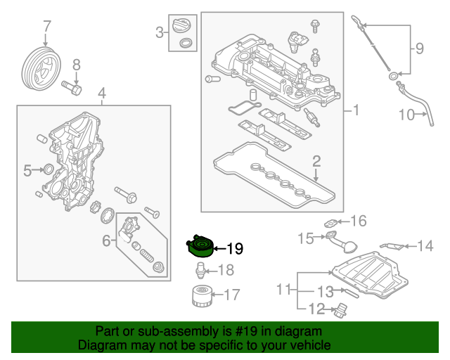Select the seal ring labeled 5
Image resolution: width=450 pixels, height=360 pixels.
tap(48, 169)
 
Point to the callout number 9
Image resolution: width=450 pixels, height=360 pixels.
tap(419, 49)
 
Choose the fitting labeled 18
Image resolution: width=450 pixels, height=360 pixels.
tap(201, 270)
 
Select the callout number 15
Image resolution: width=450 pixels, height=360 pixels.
tap(305, 239)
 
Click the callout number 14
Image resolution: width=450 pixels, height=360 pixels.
tap(425, 246)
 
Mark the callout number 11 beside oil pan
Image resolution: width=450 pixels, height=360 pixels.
tap(283, 289)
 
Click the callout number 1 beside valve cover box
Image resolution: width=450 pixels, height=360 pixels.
tap(356, 110)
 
